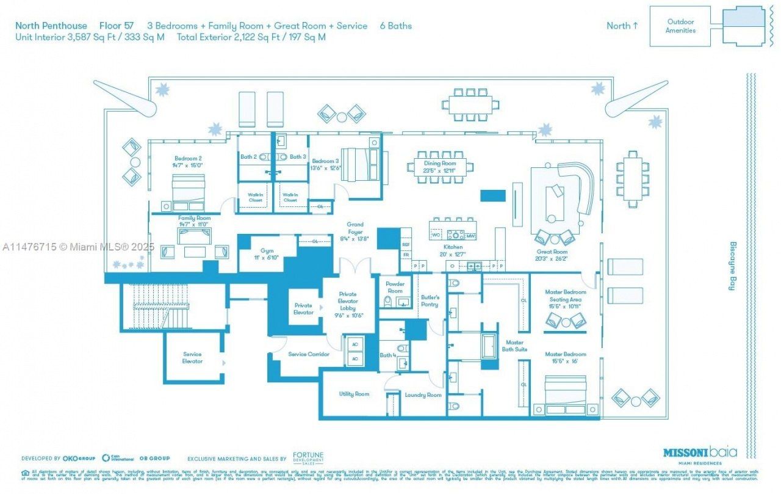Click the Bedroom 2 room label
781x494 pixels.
coord(188,158)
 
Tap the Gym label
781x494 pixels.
coord(267,250)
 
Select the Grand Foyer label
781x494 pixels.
coord(355,228)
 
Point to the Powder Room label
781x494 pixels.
coord(395,287)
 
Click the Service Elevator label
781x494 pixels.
coord(192,357)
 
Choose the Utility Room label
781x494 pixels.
coord(354,394)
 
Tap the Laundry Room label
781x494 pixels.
coord(423,395)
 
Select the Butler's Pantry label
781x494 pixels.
coord(430,300)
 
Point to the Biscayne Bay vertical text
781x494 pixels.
coord(733,266)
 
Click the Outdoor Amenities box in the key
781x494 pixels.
coord(680,26)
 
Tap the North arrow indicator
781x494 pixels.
coord(622,26)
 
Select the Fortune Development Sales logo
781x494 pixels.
coord(308,459)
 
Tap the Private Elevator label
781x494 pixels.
coord(303,309)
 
